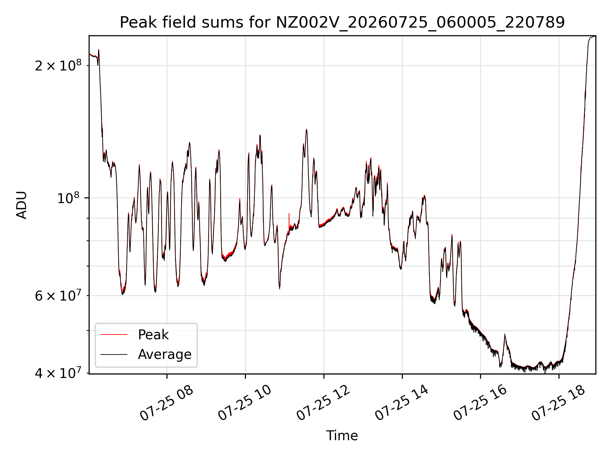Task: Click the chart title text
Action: [x=342, y=23]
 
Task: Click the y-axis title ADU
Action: [x=22, y=205]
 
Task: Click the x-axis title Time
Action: [x=342, y=436]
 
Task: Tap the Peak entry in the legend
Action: [x=153, y=334]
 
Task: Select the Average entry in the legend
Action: [x=165, y=354]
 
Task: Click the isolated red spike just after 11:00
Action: [x=289, y=219]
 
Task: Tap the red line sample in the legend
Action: [x=114, y=334]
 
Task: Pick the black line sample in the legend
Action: [x=114, y=354]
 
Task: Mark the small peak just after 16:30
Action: [x=505, y=334]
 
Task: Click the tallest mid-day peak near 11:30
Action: [x=307, y=129]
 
